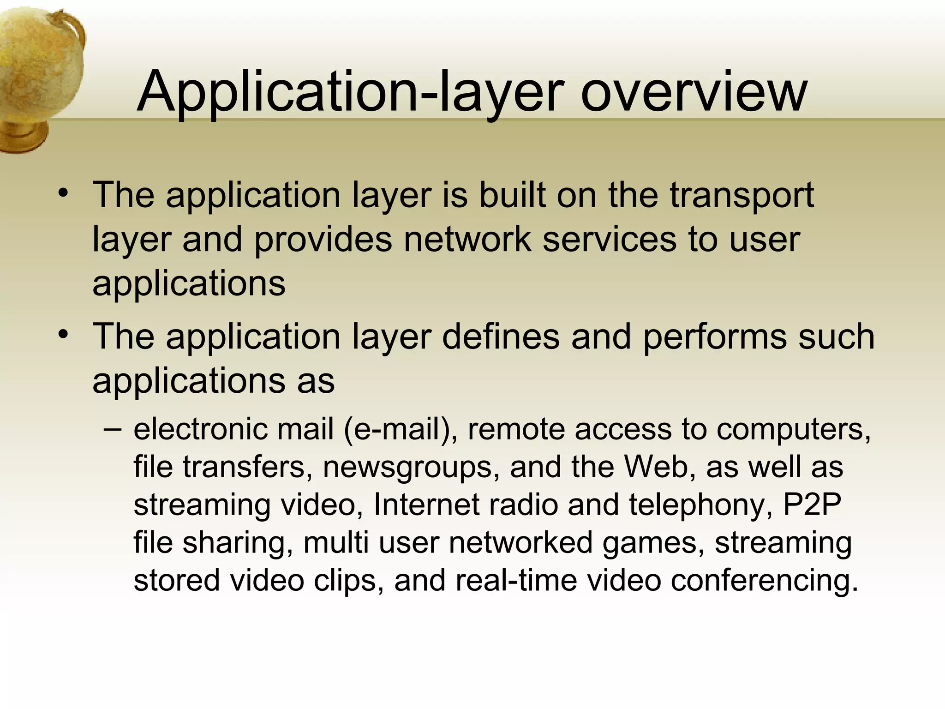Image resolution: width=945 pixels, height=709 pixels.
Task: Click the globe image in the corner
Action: (39, 74)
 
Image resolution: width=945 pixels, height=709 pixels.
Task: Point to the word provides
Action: (323, 240)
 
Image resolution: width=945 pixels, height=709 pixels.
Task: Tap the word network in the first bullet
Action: (467, 240)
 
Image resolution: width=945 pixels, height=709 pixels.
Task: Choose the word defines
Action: (501, 336)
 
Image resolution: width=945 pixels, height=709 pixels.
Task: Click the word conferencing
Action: (765, 581)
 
